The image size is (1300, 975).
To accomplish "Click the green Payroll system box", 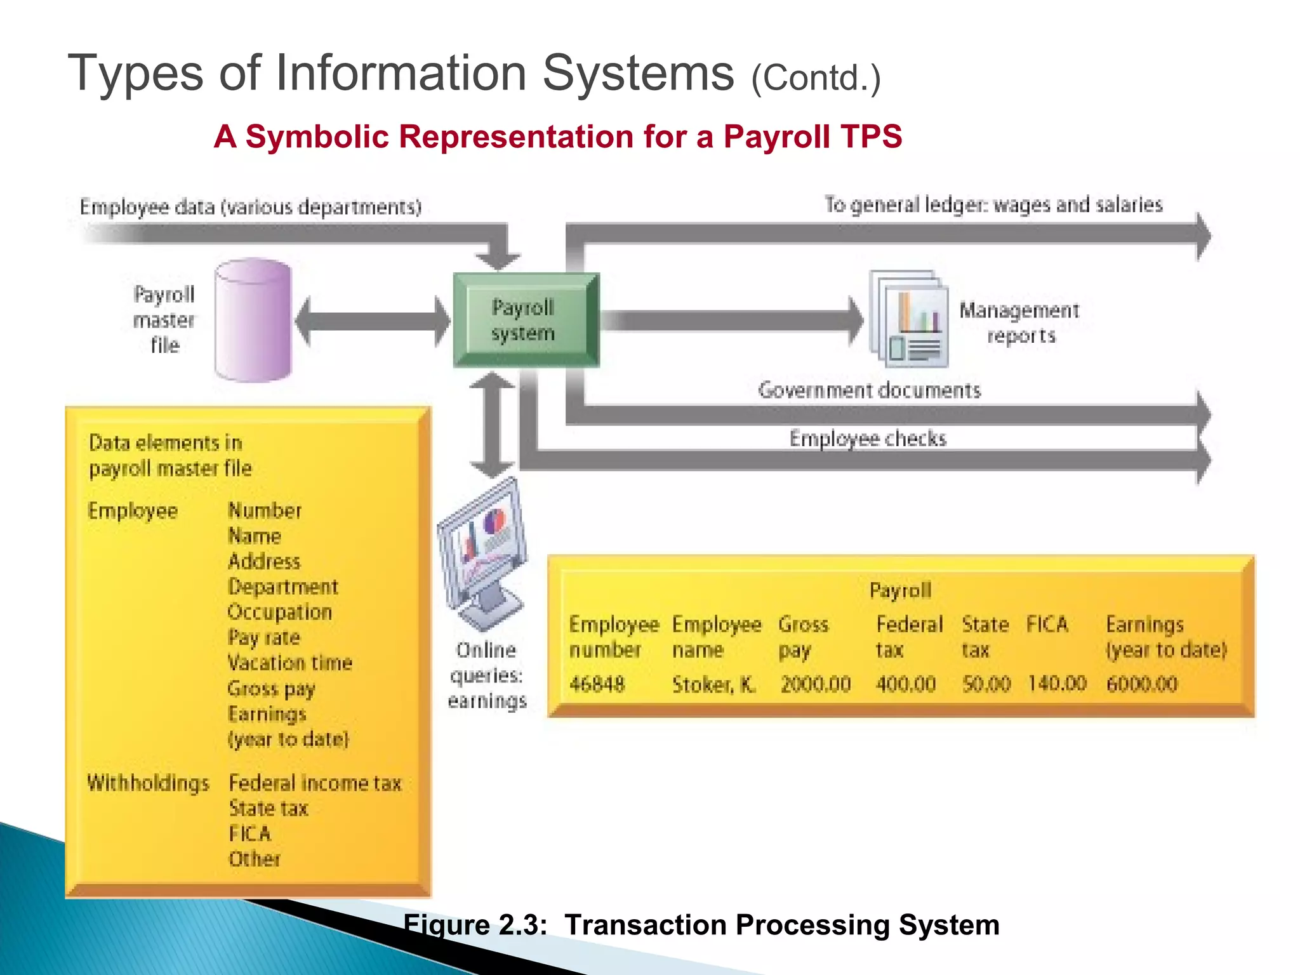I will click(x=526, y=321).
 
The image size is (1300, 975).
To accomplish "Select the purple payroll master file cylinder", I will click(x=253, y=321).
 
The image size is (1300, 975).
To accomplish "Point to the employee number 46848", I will click(x=597, y=684).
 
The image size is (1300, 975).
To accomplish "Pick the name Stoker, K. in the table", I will click(x=713, y=684).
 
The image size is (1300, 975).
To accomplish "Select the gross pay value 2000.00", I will click(x=816, y=684).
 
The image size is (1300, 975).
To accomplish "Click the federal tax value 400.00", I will click(x=906, y=684).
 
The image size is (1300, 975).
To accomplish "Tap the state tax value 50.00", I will click(x=986, y=684).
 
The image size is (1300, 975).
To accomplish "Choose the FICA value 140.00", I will click(x=1057, y=684).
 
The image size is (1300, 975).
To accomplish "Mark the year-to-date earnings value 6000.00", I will click(x=1142, y=684).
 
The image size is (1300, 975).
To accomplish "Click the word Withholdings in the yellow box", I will click(x=148, y=783).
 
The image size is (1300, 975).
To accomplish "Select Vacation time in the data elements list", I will click(x=290, y=663).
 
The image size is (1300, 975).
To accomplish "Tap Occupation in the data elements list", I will click(x=280, y=612).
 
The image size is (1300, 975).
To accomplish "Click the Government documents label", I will click(x=869, y=390).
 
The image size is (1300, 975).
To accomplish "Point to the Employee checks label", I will click(x=868, y=439).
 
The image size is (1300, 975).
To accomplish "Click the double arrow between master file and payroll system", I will click(x=373, y=321).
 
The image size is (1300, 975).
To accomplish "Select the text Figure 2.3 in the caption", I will click(x=475, y=925).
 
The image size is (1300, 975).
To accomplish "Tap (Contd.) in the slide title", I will click(x=816, y=78).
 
